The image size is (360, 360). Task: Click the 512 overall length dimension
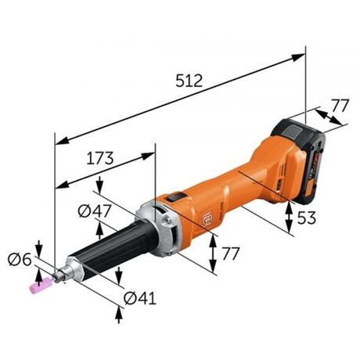(x=188, y=80)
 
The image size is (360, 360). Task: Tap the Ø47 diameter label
(x=93, y=210)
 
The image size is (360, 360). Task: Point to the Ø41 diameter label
(x=140, y=297)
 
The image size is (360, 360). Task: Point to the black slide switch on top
(x=179, y=199)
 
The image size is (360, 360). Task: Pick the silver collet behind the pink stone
(x=67, y=272)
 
